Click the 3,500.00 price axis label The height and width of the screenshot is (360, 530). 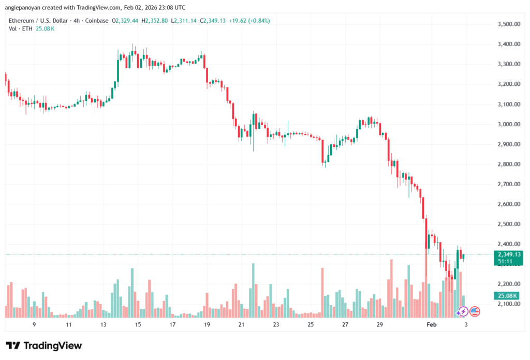pos(508,24)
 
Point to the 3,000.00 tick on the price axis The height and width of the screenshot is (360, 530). pos(508,125)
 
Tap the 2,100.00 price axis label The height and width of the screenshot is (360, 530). pos(508,304)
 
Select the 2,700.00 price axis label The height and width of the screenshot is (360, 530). pos(508,184)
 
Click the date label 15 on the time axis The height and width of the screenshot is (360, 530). pos(138,324)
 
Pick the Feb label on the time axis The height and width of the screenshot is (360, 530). pos(431,324)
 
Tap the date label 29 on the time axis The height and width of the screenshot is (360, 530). pos(379,324)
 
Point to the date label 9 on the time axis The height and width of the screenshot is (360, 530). pos(34,324)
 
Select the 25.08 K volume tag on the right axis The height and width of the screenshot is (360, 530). pos(508,295)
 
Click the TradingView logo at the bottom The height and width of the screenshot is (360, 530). pos(43,346)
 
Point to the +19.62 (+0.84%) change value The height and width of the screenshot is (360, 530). pos(248,21)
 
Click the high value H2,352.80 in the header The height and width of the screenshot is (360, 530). pos(146,21)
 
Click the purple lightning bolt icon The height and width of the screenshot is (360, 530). pos(462,311)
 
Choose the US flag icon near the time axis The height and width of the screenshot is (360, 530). pos(475,311)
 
